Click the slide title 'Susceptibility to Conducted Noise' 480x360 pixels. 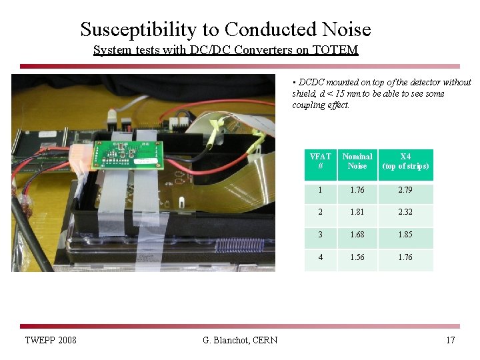point(225,29)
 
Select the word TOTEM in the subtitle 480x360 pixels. point(339,50)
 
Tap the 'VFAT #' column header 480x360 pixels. point(320,161)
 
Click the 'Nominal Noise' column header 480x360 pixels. point(357,161)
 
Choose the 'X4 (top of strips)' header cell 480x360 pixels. point(405,161)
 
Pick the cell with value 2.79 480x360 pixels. point(405,191)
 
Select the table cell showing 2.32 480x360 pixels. point(405,212)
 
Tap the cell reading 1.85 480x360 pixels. point(405,235)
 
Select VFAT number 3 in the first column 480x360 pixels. point(320,235)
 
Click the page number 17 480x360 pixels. point(451,341)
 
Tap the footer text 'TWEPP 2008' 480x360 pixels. point(51,341)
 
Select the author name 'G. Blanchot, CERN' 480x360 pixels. point(240,341)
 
